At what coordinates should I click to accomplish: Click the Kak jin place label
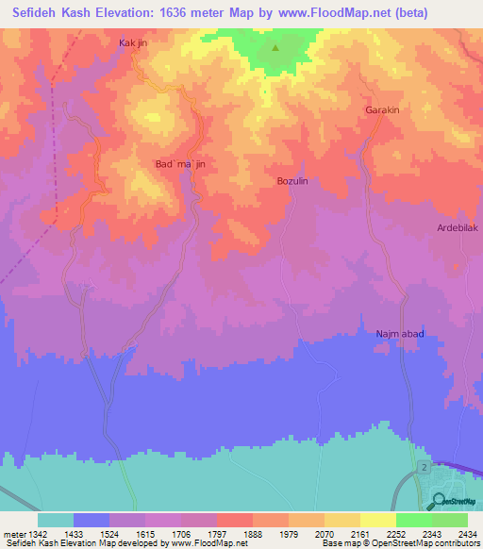134,43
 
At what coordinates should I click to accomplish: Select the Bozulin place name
292,180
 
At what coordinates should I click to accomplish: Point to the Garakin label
383,110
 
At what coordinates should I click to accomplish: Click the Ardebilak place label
458,228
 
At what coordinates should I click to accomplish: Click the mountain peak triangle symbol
275,47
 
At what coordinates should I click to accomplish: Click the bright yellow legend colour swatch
378,520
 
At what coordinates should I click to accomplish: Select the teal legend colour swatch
56,520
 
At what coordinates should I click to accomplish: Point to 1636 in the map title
166,13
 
